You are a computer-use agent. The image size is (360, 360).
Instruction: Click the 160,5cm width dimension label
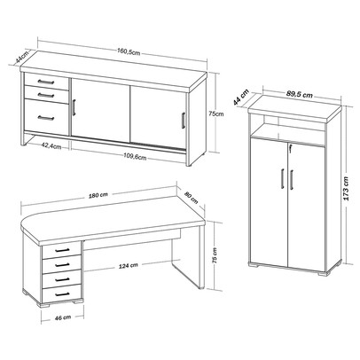(x=129, y=51)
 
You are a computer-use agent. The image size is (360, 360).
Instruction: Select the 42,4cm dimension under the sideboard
(x=51, y=145)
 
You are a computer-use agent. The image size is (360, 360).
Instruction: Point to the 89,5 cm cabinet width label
(x=300, y=95)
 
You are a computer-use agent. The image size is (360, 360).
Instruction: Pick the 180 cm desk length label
(x=98, y=195)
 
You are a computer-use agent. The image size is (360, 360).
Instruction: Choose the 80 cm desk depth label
(x=192, y=198)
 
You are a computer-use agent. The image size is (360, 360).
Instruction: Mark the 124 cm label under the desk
(x=129, y=265)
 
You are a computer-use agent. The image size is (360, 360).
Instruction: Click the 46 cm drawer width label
(x=63, y=317)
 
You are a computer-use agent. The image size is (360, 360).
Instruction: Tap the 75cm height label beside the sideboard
(x=215, y=114)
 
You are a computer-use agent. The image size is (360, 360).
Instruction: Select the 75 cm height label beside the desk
(x=215, y=255)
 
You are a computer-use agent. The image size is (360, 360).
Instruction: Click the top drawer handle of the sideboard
(x=46, y=82)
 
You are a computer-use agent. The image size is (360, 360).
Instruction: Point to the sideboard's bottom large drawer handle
(x=46, y=118)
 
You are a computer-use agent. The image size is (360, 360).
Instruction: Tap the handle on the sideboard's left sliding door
(x=74, y=107)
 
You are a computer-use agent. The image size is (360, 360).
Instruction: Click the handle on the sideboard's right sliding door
(x=184, y=120)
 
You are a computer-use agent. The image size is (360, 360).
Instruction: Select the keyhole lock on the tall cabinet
(x=291, y=146)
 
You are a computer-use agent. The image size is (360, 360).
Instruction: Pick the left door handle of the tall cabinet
(x=282, y=178)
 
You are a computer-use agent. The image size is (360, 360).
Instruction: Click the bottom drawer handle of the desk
(x=62, y=294)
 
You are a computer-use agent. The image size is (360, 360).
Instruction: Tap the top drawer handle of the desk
(x=62, y=251)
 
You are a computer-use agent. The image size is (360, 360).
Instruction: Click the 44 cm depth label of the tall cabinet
(x=240, y=98)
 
